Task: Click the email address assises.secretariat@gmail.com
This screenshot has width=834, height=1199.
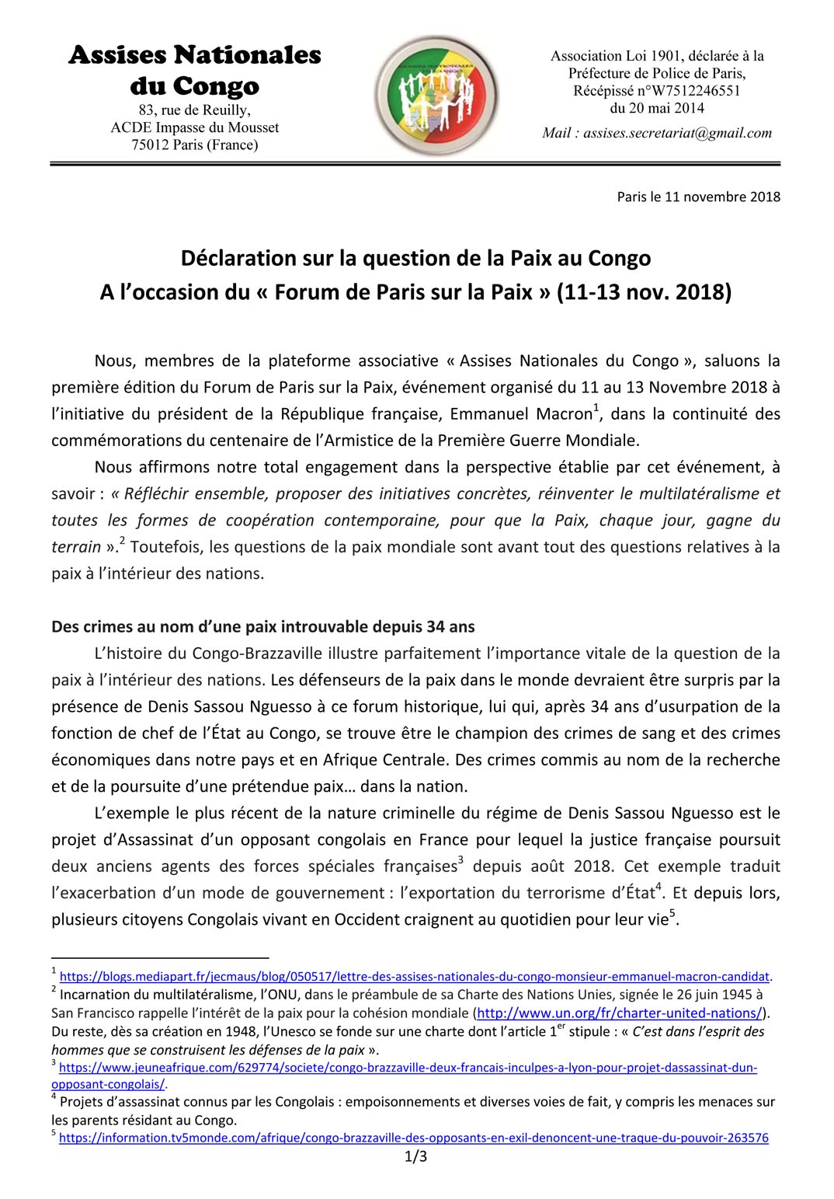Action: pos(677,133)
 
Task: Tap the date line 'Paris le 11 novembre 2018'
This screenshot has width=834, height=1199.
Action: pos(698,197)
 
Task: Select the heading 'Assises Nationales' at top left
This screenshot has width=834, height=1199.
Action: pos(195,54)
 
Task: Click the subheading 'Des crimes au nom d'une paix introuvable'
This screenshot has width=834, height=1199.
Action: pos(263,626)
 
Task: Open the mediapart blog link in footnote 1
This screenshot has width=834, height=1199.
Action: pos(414,976)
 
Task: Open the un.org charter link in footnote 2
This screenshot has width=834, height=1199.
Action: pos(619,1013)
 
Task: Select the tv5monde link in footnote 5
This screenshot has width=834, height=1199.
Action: pos(413,1138)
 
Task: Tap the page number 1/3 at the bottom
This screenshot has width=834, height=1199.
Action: pos(416,1157)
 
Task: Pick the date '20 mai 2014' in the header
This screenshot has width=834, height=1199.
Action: pos(657,108)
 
